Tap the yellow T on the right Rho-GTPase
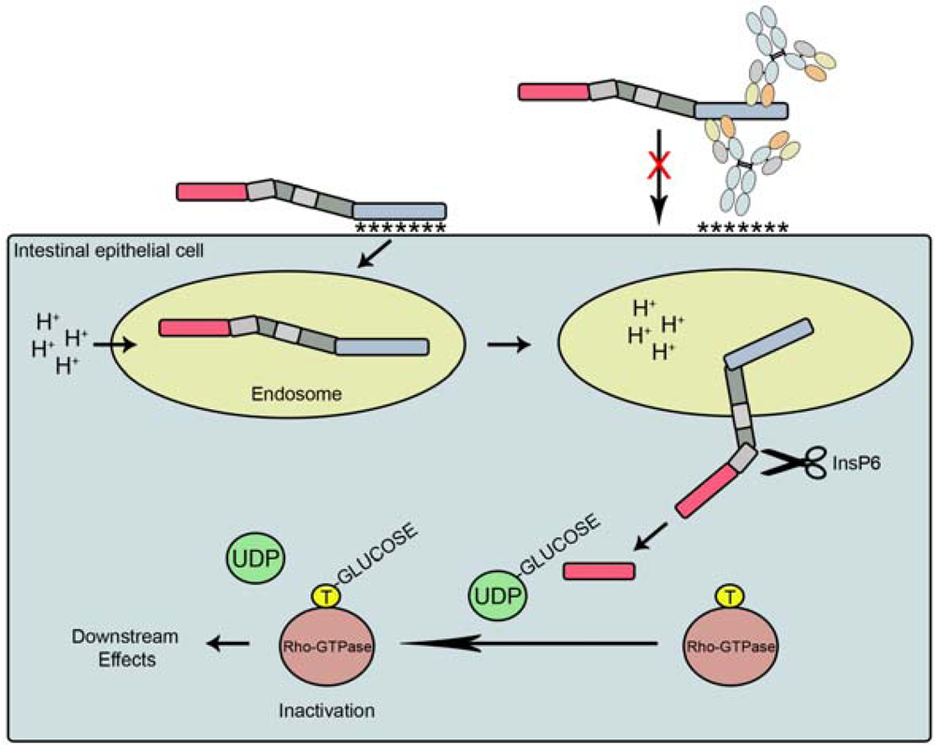point(727,595)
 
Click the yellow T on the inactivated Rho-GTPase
point(324,595)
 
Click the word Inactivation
point(327,711)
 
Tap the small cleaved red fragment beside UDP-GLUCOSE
point(598,570)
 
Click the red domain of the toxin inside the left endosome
point(194,328)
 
